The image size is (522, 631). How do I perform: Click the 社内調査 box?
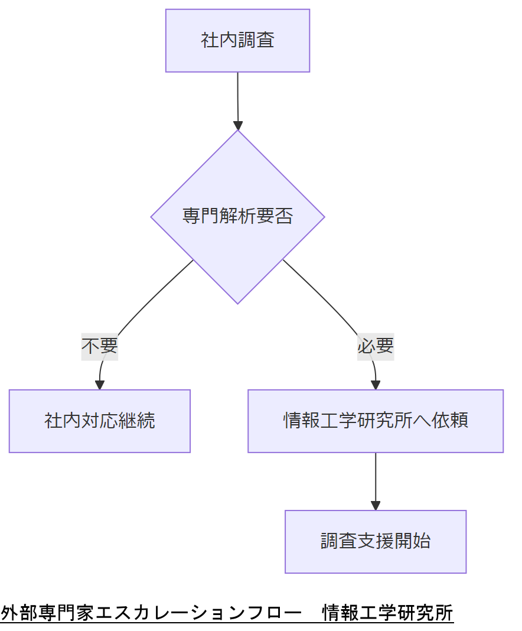[x=237, y=41]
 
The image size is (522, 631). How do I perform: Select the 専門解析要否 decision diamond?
[x=237, y=217]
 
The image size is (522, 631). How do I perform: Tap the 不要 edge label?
[x=99, y=346]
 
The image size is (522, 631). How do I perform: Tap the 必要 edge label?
[x=376, y=346]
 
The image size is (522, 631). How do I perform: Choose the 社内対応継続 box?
[x=99, y=421]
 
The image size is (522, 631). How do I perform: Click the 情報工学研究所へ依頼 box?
[x=376, y=421]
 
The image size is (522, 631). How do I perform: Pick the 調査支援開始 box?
[x=376, y=542]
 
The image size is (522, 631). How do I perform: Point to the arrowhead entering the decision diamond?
[x=238, y=125]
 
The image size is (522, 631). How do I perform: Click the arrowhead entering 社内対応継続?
[x=100, y=385]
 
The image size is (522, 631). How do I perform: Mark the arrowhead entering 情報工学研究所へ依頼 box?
[x=376, y=385]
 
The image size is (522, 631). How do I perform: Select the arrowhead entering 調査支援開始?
[x=376, y=505]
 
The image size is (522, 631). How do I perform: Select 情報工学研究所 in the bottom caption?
[x=388, y=613]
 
